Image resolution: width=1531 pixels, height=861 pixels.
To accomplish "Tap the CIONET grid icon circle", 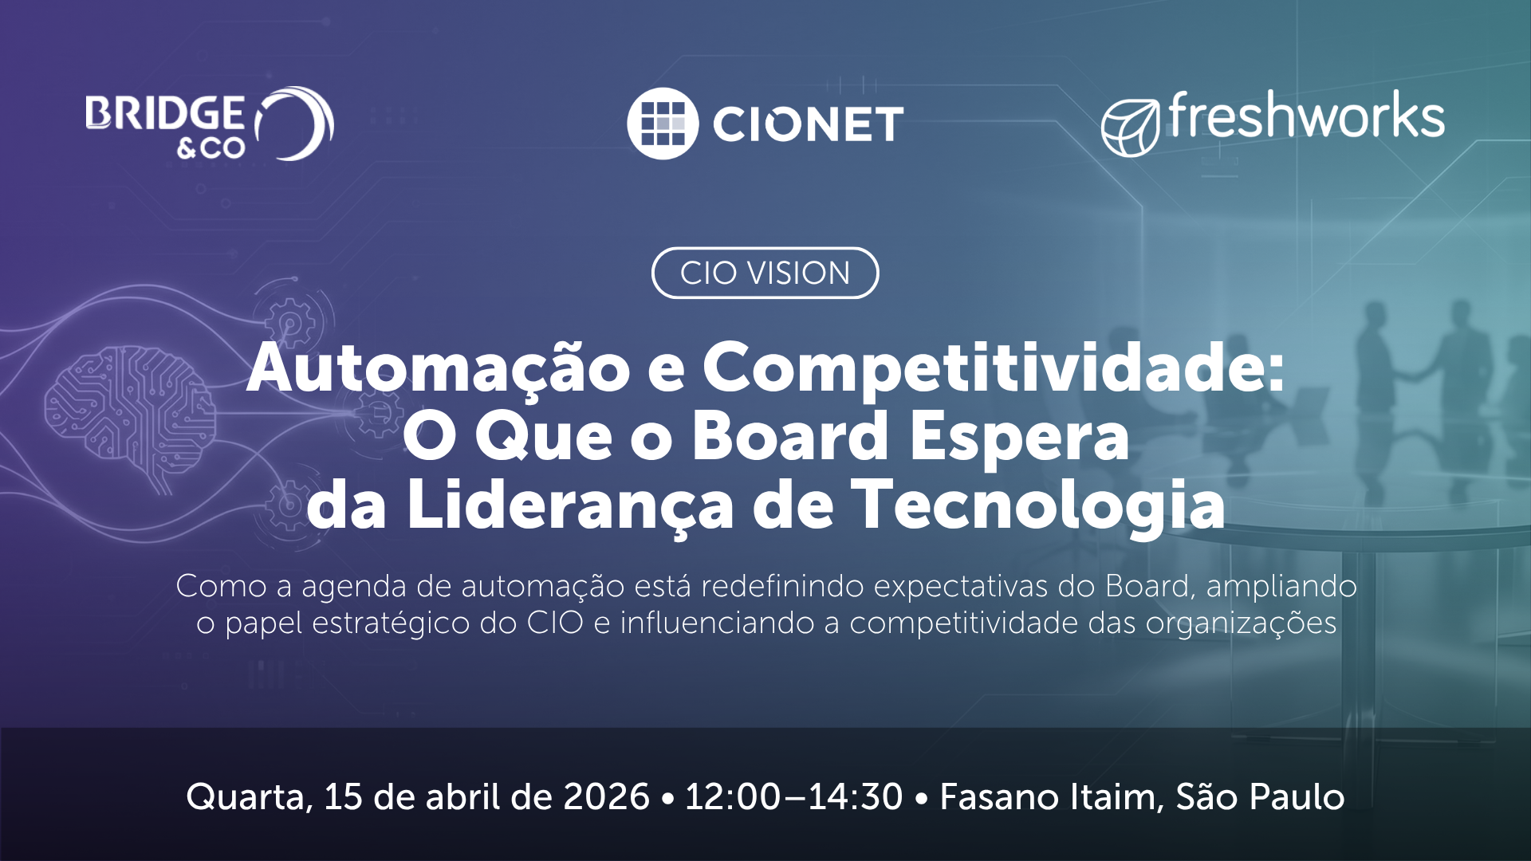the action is click(663, 124).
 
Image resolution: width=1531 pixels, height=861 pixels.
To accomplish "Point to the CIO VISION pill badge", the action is click(765, 273).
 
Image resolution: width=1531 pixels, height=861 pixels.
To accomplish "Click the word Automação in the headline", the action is click(439, 368).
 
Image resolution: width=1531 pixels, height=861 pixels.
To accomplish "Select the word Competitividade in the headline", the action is click(994, 368).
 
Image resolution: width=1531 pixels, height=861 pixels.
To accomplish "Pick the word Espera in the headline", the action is click(1020, 437).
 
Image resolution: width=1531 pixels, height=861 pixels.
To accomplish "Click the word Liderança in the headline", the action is click(569, 505).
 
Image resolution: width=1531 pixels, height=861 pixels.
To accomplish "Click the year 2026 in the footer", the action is click(606, 796).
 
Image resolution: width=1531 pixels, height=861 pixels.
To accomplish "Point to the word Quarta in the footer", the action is click(249, 797).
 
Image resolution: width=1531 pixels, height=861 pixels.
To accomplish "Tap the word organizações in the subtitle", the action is click(1241, 623).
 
